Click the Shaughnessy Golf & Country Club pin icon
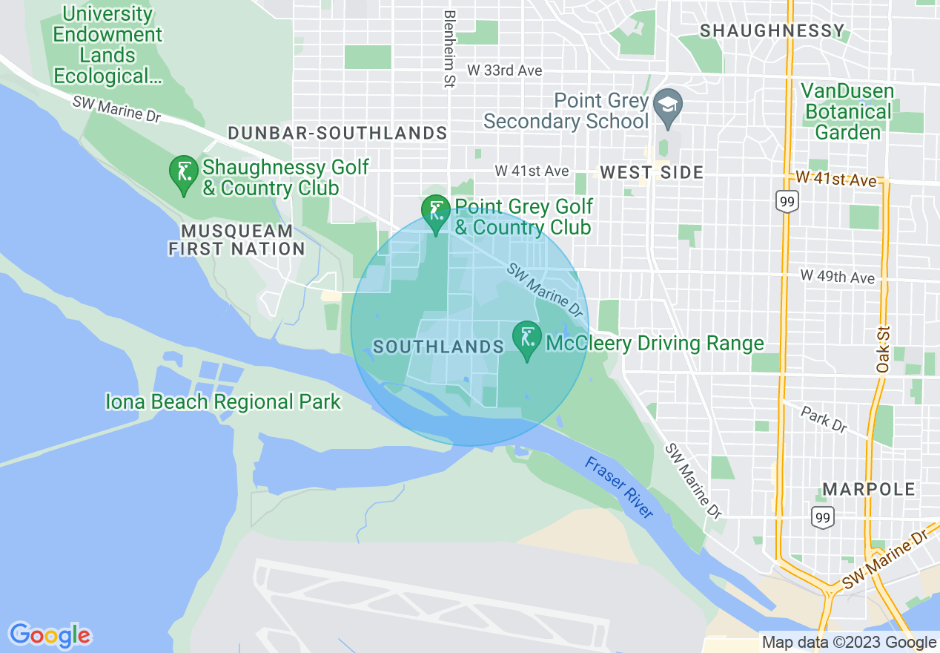click(182, 171)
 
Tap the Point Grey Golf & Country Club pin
click(436, 211)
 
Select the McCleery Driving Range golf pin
click(527, 338)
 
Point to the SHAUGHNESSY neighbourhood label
click(772, 31)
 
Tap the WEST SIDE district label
click(651, 173)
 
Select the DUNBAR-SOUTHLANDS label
click(337, 134)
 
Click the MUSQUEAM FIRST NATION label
click(236, 240)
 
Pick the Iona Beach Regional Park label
click(223, 402)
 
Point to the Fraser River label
click(619, 488)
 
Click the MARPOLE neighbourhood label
click(869, 490)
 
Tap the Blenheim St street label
click(449, 49)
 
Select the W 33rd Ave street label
click(504, 70)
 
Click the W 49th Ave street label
click(838, 277)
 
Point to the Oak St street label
click(882, 353)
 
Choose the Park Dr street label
click(824, 419)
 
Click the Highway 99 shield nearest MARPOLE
click(824, 516)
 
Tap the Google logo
click(50, 635)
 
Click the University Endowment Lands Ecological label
click(107, 45)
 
